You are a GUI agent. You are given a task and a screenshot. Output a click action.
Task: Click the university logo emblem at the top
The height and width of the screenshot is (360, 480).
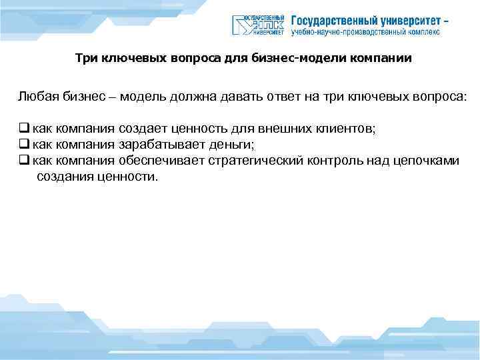259,25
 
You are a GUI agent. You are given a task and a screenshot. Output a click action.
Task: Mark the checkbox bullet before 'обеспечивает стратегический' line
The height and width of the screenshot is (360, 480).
23,161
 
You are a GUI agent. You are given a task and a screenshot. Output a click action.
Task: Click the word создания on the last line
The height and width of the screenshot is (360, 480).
63,176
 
